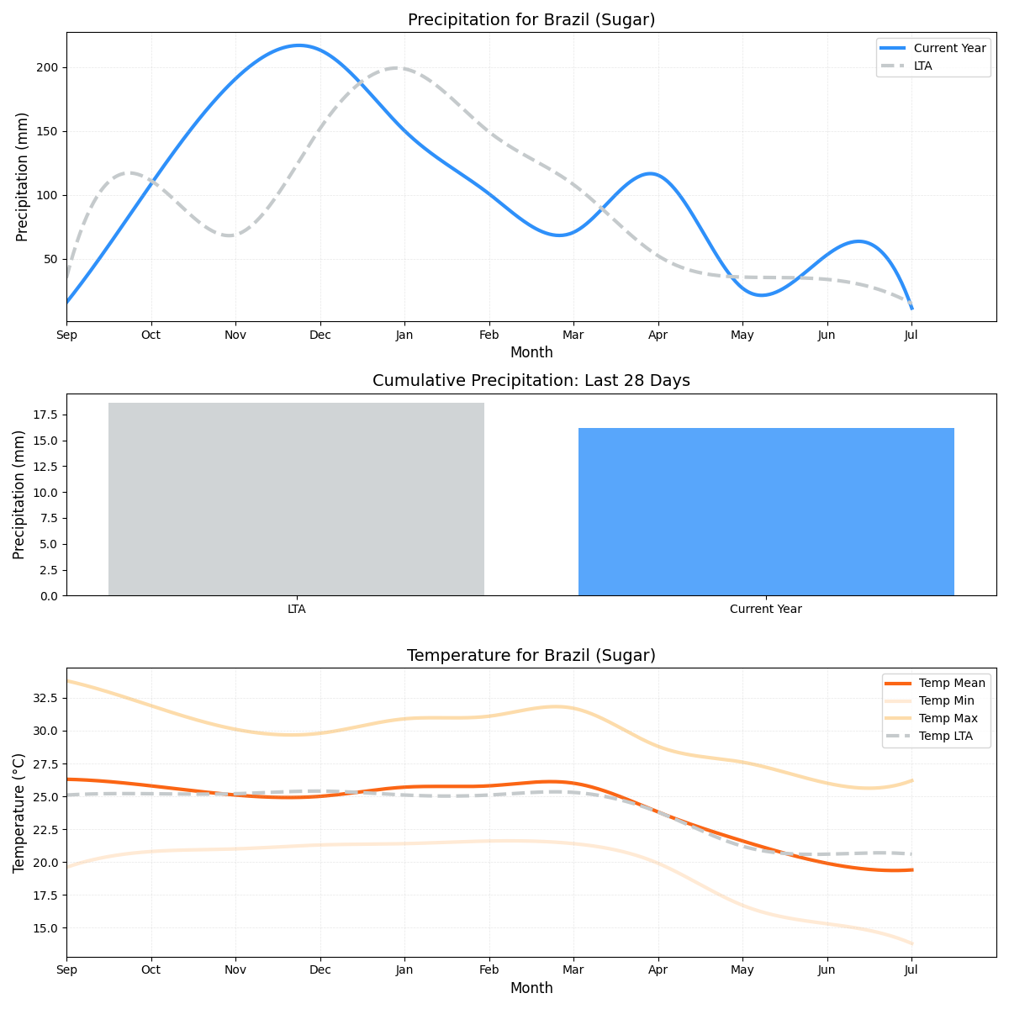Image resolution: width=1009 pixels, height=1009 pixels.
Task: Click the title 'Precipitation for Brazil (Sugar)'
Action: [x=531, y=20]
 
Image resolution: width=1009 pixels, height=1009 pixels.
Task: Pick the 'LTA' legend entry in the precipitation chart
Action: [x=922, y=66]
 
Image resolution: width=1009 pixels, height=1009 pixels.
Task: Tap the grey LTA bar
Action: [x=296, y=499]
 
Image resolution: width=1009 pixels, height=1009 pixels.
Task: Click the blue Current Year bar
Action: [x=766, y=511]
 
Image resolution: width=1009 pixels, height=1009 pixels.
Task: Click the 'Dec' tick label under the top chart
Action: [x=320, y=335]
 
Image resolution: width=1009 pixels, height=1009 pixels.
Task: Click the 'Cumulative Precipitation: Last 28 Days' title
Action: [x=531, y=381]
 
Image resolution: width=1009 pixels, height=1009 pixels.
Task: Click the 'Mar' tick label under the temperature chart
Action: [x=573, y=970]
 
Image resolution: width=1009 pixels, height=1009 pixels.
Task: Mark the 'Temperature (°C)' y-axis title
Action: [x=19, y=812]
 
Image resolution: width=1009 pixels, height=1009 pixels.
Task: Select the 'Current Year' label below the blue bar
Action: [x=766, y=609]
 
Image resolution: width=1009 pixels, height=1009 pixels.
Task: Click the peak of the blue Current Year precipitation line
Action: [x=298, y=45]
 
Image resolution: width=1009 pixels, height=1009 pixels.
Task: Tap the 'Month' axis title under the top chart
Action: [x=531, y=352]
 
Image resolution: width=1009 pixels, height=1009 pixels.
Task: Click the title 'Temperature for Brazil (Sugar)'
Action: [x=531, y=656]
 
